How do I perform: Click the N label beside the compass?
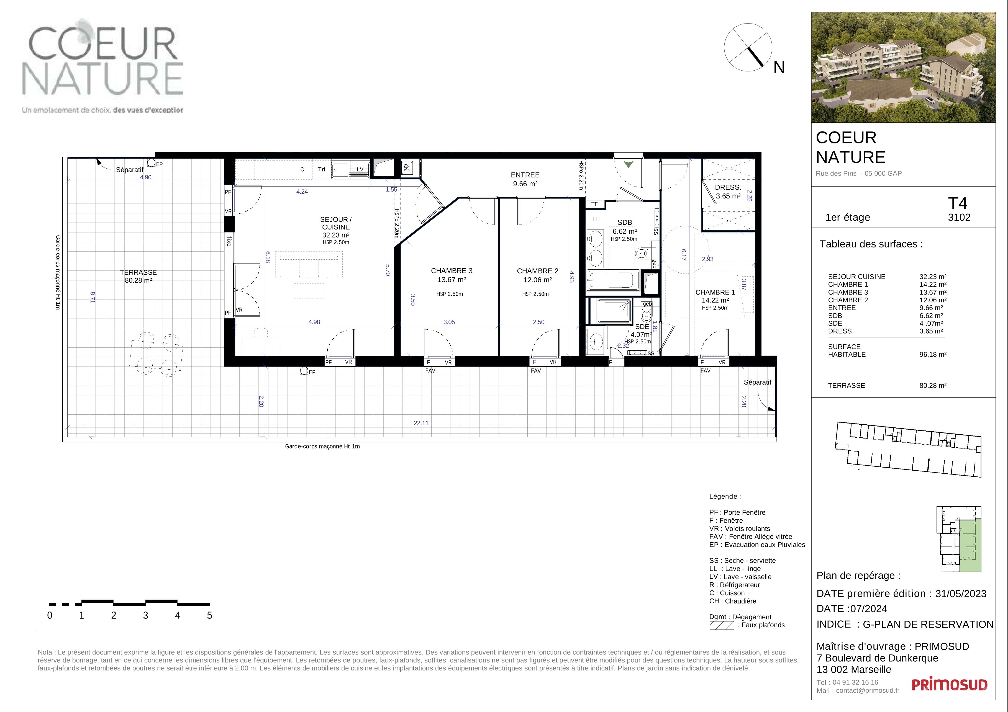pyautogui.click(x=779, y=67)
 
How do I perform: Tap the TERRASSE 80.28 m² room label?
pyautogui.click(x=138, y=276)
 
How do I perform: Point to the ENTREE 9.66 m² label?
pyautogui.click(x=525, y=179)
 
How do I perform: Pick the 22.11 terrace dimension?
pyautogui.click(x=421, y=423)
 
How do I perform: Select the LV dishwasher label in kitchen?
pyautogui.click(x=360, y=169)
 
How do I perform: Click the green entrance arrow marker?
pyautogui.click(x=629, y=164)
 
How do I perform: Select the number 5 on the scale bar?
pyautogui.click(x=209, y=615)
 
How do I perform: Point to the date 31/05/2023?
pyautogui.click(x=961, y=594)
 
